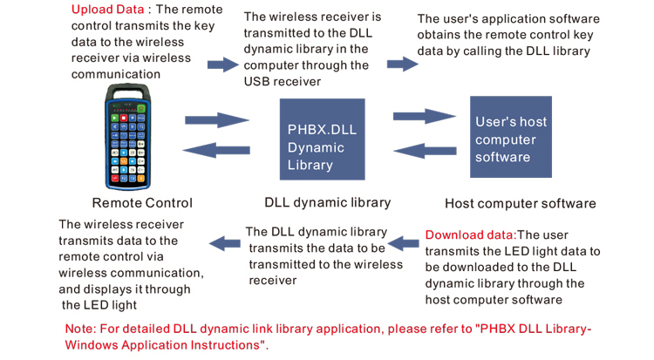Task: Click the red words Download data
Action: (470, 234)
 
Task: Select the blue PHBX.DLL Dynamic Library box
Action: (322, 139)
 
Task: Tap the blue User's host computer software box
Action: (510, 138)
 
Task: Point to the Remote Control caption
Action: (142, 203)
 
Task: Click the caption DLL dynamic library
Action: (327, 203)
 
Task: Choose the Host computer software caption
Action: (520, 204)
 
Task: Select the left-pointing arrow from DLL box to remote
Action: (218, 150)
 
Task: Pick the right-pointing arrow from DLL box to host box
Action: (425, 116)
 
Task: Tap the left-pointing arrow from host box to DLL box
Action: (425, 150)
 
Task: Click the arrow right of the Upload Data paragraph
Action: (223, 65)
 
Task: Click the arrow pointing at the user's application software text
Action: (402, 64)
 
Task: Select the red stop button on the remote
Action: (124, 117)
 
